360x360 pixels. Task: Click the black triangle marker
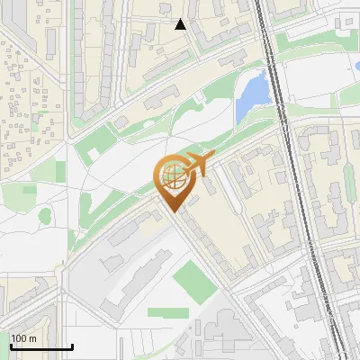click(x=181, y=24)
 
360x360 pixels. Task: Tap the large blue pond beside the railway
click(x=253, y=96)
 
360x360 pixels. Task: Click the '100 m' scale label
click(x=24, y=338)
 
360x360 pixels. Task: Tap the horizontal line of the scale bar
click(x=41, y=346)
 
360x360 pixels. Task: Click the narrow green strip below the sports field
click(x=168, y=313)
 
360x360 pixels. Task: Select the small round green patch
click(x=45, y=216)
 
